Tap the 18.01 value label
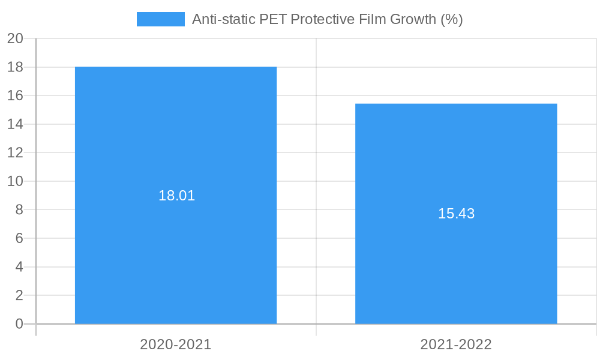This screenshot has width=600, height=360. coord(176,196)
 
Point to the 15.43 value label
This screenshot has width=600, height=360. coord(456,214)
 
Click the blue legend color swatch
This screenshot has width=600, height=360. coord(160,19)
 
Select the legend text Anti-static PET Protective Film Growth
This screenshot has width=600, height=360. coord(327,19)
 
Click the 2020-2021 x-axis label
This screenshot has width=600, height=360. coord(176,344)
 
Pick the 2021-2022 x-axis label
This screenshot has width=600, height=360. coord(456,344)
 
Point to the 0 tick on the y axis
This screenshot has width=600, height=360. coord(19,324)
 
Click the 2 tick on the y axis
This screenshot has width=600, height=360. coord(19,295)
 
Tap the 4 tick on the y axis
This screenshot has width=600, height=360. coord(19,267)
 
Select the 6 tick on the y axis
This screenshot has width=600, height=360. coord(19,238)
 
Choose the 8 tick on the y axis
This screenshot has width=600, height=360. coord(19,210)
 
